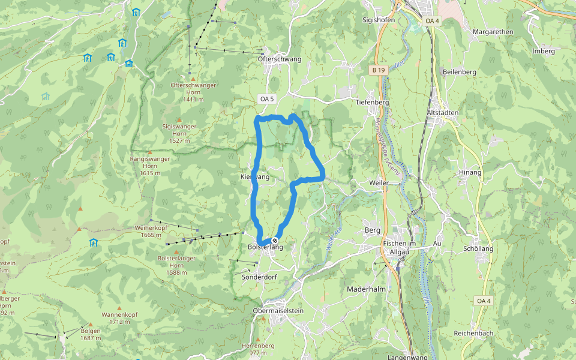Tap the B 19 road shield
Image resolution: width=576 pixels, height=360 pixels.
pyautogui.click(x=377, y=70)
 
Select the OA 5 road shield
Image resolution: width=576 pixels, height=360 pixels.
pyautogui.click(x=266, y=98)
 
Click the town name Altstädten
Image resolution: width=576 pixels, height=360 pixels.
pyautogui.click(x=442, y=113)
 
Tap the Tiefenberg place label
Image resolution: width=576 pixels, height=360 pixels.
pyautogui.click(x=373, y=102)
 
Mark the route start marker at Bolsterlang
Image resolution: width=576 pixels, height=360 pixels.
pyautogui.click(x=275, y=240)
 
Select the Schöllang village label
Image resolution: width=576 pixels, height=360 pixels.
pyautogui.click(x=478, y=248)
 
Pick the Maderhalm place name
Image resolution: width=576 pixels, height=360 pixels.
pyautogui.click(x=366, y=289)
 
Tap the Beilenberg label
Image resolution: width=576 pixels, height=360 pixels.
pyautogui.click(x=459, y=72)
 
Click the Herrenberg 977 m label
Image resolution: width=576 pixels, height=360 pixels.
pyautogui.click(x=258, y=349)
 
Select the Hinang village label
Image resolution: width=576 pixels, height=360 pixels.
pyautogui.click(x=470, y=172)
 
